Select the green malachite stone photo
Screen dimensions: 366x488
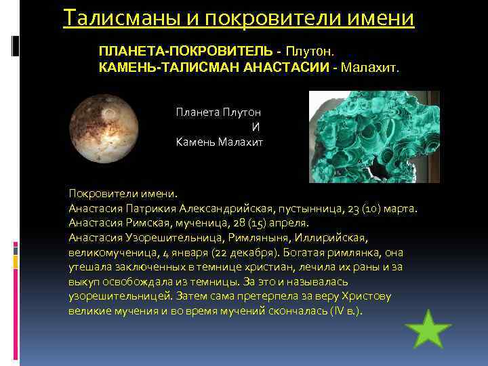[x=374, y=137]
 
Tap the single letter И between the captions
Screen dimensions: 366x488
[x=256, y=127]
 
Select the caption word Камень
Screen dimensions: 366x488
[x=195, y=142]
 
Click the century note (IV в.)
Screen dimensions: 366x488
[x=346, y=311]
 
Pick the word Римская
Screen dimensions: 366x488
[x=148, y=222]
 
